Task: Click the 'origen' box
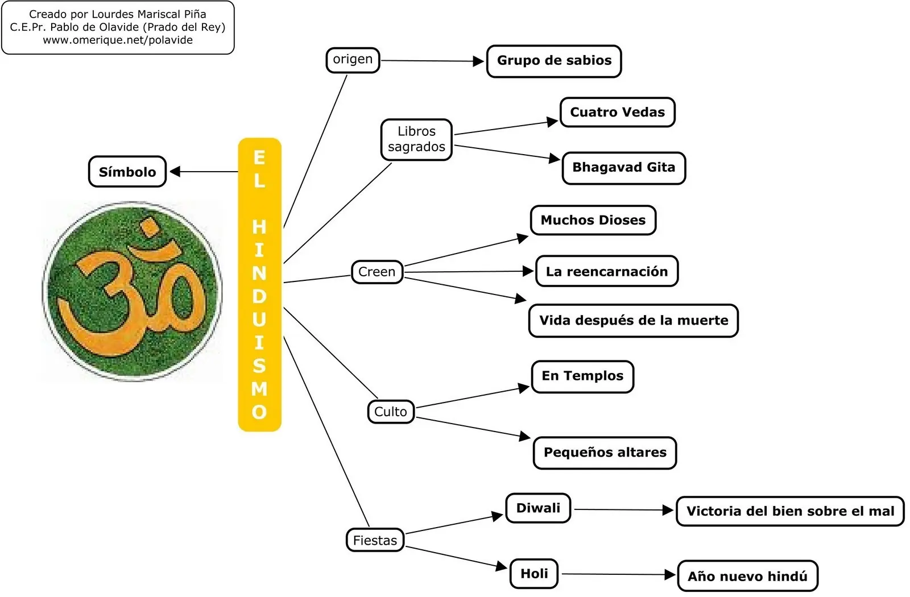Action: pos(353,60)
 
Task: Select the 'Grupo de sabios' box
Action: pos(554,61)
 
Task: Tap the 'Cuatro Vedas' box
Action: pos(618,112)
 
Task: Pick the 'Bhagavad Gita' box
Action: pos(624,168)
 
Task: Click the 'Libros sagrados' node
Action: pos(416,139)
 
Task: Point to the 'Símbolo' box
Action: pos(127,171)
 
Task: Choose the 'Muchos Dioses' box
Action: pos(593,220)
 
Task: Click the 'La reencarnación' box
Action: pos(607,271)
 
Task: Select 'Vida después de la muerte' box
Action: pos(634,321)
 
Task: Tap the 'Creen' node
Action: pos(377,272)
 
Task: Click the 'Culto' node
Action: pos(391,412)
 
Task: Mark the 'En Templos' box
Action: pos(582,376)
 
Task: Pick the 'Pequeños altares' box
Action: pos(605,453)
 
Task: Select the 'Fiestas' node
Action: pos(375,540)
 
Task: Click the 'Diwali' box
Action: pos(538,508)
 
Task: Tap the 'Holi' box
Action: pos(534,574)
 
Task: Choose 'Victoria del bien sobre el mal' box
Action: pos(790,511)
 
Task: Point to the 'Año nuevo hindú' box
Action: pos(747,576)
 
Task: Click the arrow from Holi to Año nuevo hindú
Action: pos(619,574)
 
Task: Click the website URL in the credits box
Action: pos(118,40)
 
